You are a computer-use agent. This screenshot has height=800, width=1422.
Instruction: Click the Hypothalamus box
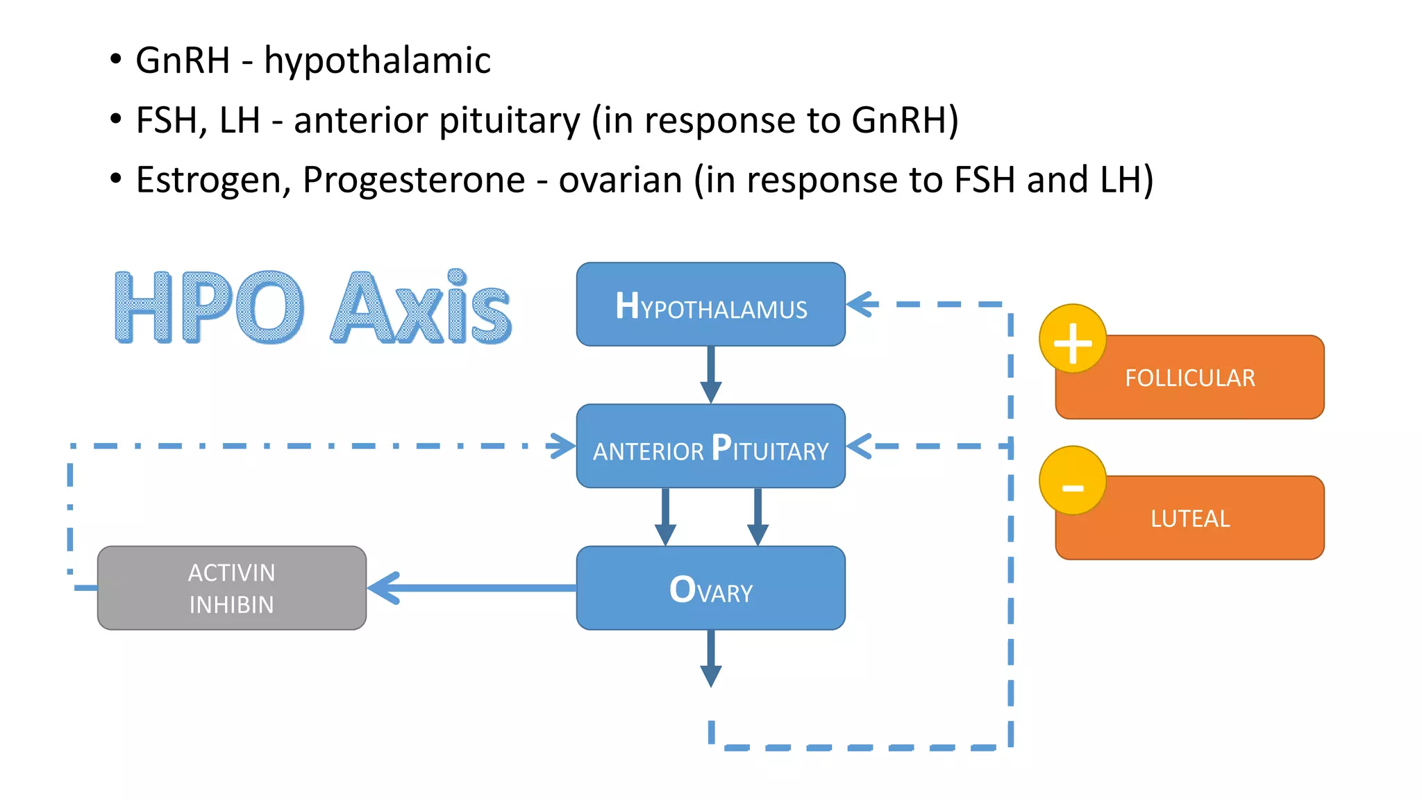tap(710, 305)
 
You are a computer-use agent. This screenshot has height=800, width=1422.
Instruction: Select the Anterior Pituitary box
tap(710, 447)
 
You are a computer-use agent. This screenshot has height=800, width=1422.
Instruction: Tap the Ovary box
tap(710, 588)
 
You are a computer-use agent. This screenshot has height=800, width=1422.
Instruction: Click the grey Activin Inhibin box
tap(231, 588)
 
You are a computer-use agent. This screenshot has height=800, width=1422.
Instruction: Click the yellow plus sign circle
tap(1073, 340)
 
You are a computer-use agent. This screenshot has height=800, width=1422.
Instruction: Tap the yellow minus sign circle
tap(1073, 481)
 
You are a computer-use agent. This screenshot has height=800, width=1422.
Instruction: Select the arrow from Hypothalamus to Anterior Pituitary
tap(710, 375)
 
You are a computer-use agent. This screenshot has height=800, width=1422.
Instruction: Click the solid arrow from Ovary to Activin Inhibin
tap(472, 588)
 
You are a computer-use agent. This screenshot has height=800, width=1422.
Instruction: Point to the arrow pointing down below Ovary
tap(710, 660)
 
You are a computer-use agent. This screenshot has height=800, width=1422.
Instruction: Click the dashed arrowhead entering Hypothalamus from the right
tap(861, 304)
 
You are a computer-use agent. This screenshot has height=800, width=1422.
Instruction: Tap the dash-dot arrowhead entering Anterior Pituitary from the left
tap(562, 446)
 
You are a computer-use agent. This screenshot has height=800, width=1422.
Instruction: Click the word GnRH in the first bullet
tap(183, 60)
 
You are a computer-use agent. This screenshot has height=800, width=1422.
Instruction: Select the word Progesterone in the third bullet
tap(414, 180)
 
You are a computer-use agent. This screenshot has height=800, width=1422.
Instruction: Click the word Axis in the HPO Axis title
tap(421, 308)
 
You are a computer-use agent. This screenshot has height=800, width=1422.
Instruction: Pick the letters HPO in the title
tap(208, 308)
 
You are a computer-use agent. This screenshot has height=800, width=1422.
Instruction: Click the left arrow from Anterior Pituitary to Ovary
tap(665, 517)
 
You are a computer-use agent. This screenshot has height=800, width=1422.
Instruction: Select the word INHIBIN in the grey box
tap(231, 605)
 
